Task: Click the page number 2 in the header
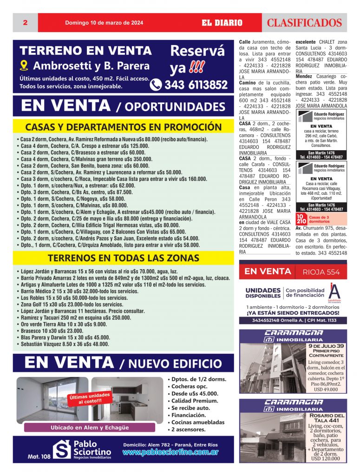click(x=24, y=22)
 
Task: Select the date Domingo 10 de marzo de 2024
click(x=104, y=22)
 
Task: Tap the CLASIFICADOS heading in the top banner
click(x=304, y=22)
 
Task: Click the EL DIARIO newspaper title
click(x=222, y=22)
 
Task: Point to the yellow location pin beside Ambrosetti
click(x=25, y=66)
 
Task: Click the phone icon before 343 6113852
click(x=156, y=85)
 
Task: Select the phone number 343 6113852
click(x=196, y=85)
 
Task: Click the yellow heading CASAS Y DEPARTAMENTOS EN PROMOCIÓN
click(x=123, y=127)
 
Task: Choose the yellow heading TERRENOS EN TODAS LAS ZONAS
click(x=123, y=258)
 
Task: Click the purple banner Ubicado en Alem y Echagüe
click(x=90, y=427)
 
